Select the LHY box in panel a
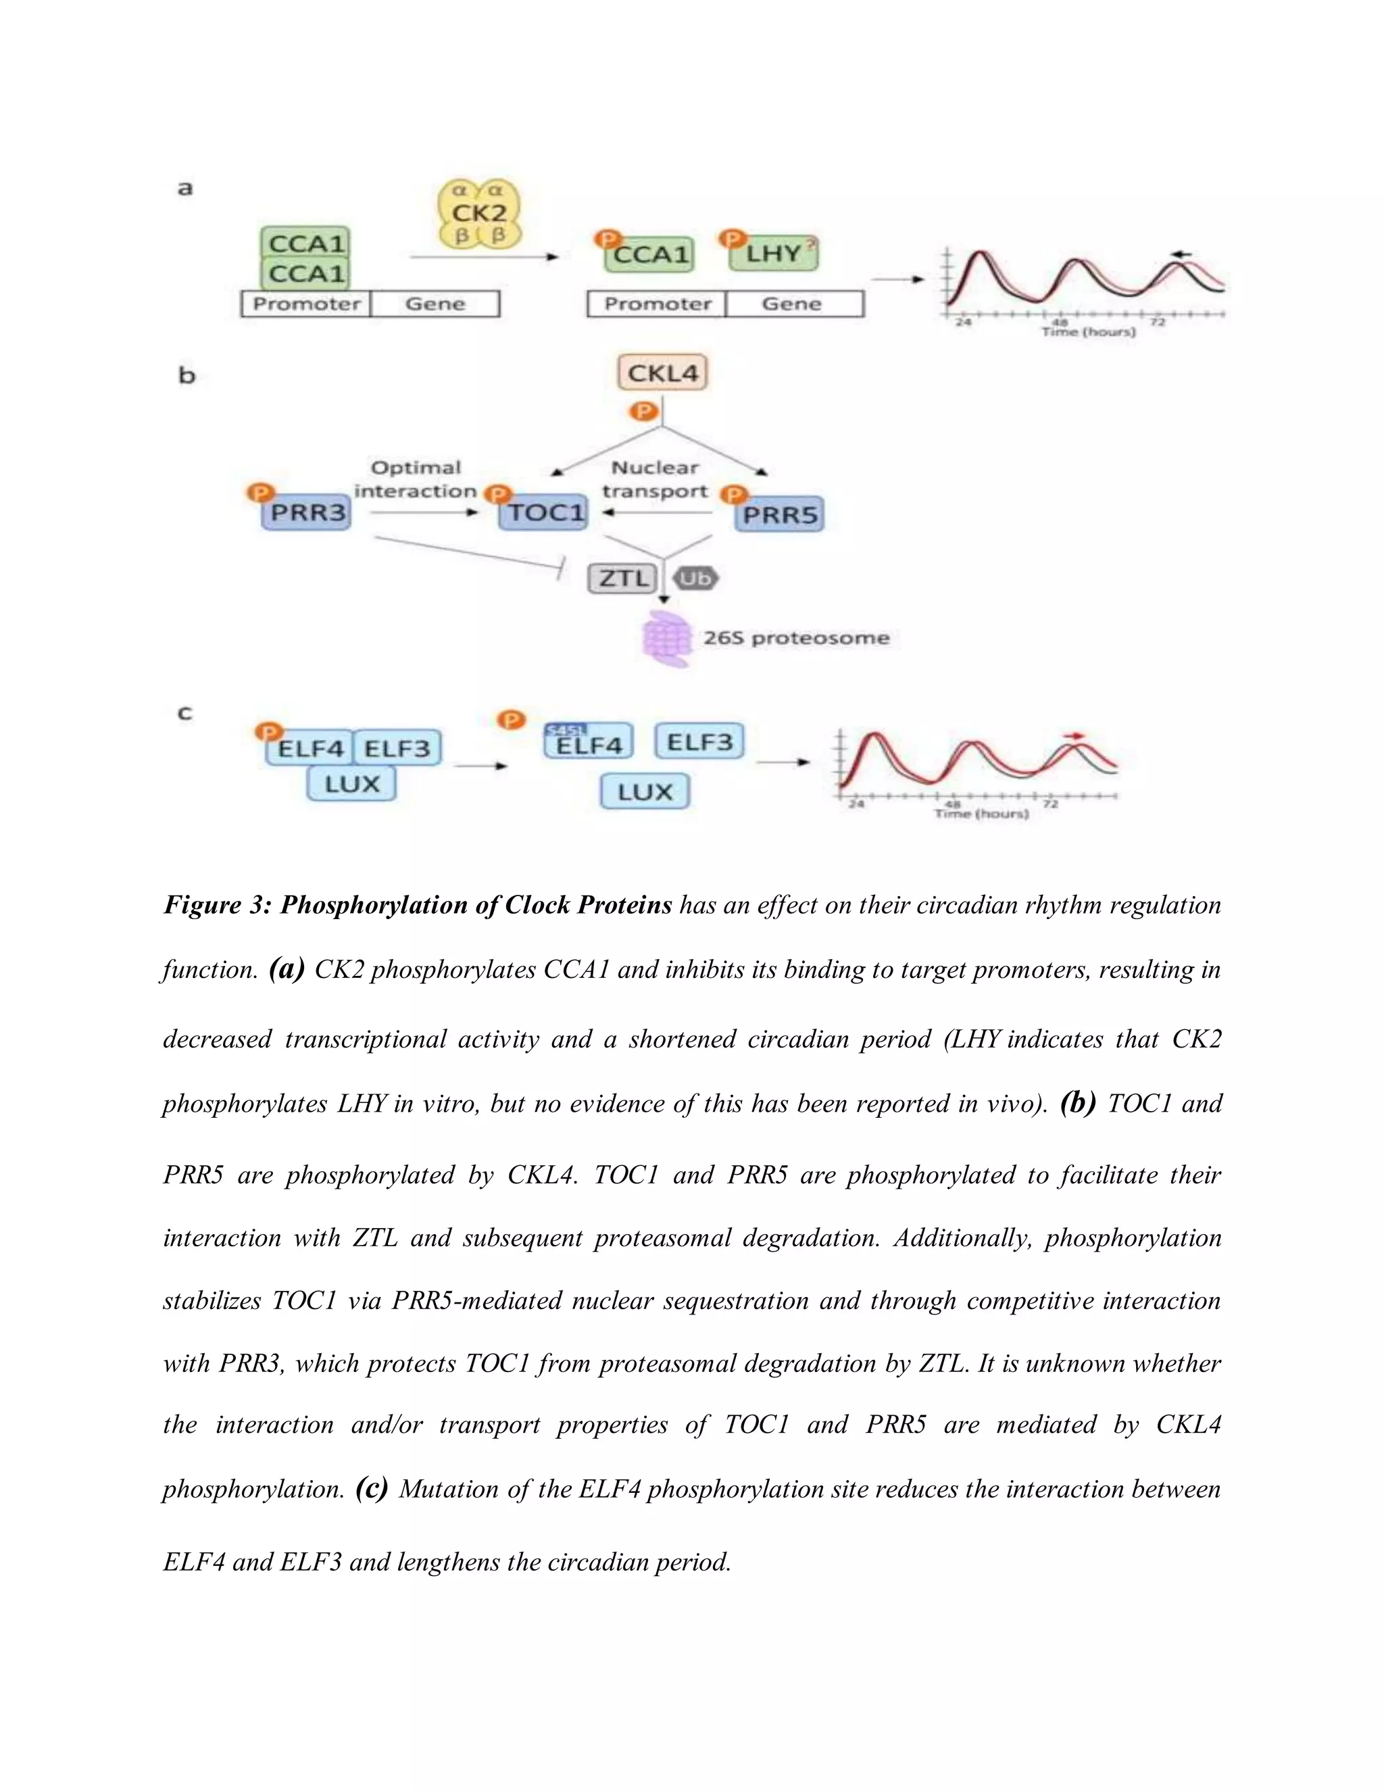773,254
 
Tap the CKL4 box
662,373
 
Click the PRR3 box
307,514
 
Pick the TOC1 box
545,514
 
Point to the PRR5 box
780,516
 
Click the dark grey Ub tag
695,579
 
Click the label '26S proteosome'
795,638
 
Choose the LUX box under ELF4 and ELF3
351,784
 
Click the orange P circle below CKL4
645,410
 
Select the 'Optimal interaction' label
416,480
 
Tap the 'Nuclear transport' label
654,480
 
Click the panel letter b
187,376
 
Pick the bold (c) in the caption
372,1488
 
